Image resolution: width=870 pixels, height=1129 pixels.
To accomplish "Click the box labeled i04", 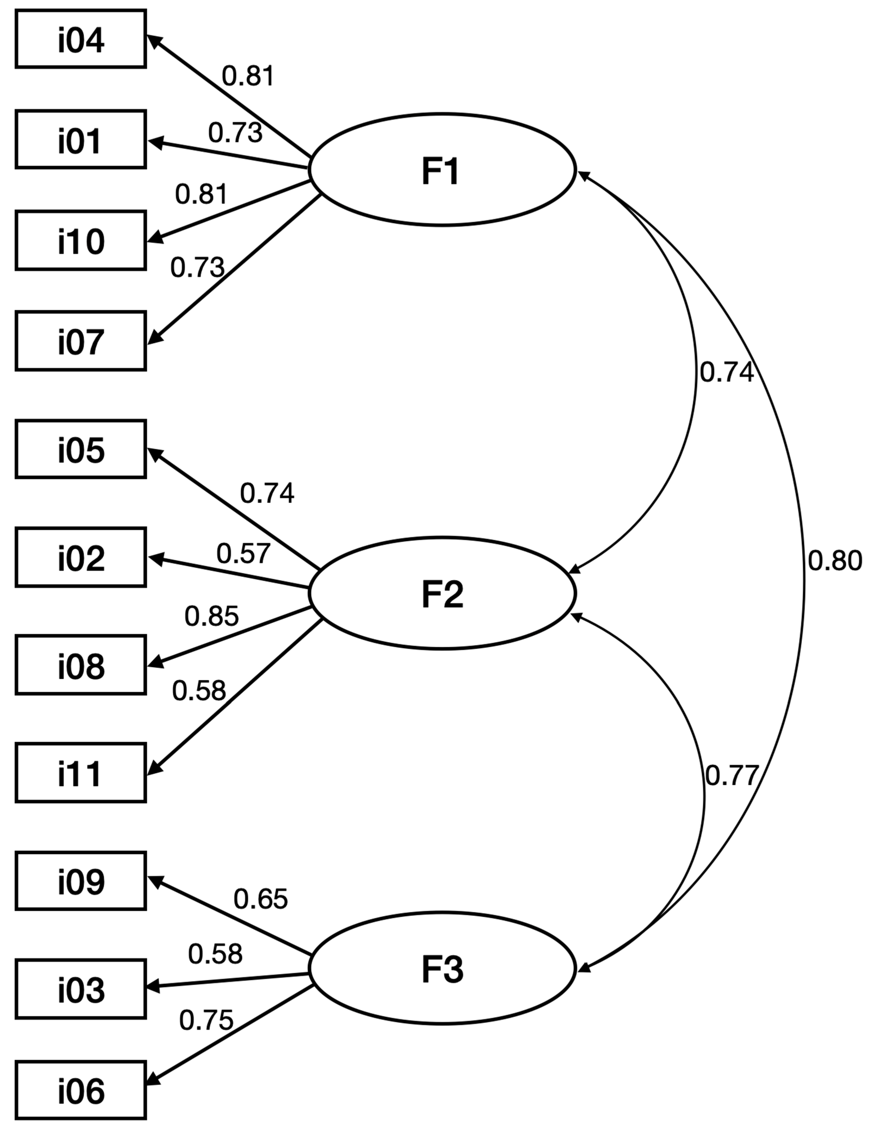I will [x=81, y=39].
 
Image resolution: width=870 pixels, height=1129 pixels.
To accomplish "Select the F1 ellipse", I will [x=442, y=170].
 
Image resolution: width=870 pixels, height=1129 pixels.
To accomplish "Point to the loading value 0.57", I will [x=243, y=554].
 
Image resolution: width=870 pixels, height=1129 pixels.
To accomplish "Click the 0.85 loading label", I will [x=211, y=616].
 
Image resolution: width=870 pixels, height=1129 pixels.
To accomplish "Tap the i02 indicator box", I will [x=81, y=557].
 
